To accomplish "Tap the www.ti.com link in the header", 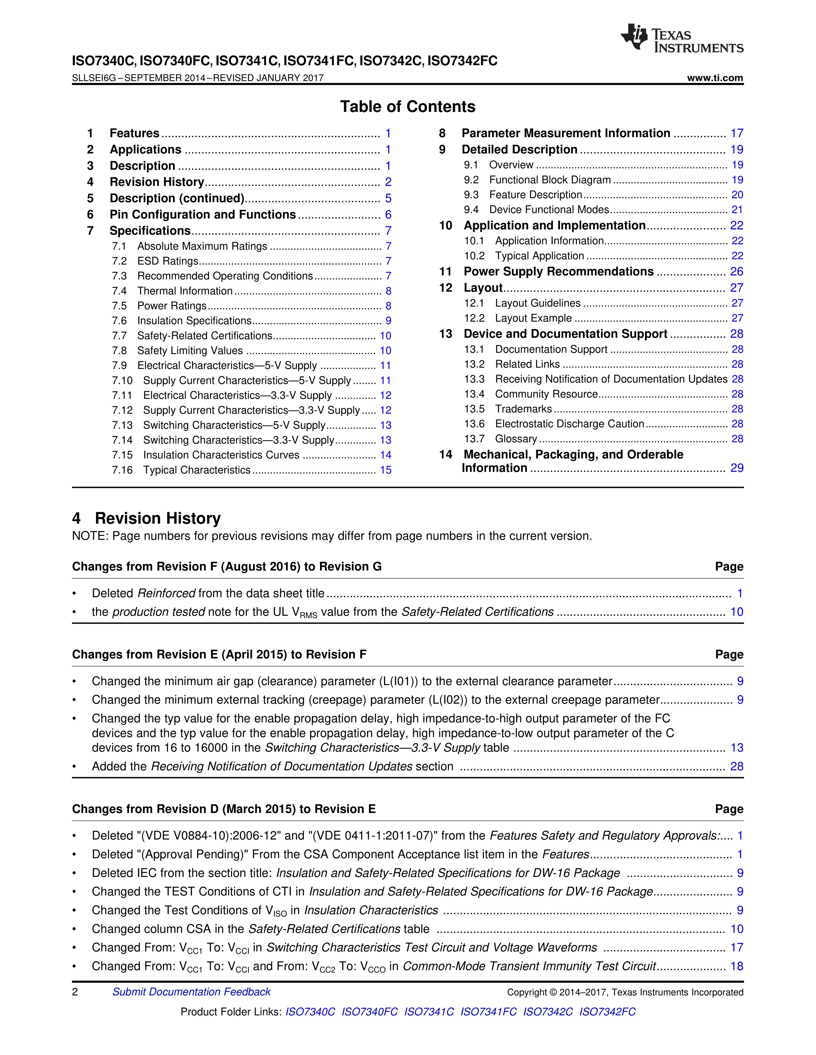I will (x=715, y=78).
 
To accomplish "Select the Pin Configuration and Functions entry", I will (x=203, y=215).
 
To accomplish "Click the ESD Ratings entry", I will (x=168, y=261).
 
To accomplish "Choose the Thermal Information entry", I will (x=185, y=291).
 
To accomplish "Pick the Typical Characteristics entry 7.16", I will (x=197, y=470).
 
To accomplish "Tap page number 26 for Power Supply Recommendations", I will (x=736, y=271).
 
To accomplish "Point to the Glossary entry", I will (x=516, y=439).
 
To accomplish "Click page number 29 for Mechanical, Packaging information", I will (x=736, y=468).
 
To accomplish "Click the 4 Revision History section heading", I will (x=147, y=518).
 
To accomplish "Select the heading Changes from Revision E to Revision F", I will (x=219, y=654).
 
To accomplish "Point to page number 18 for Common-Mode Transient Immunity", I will (x=736, y=966).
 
